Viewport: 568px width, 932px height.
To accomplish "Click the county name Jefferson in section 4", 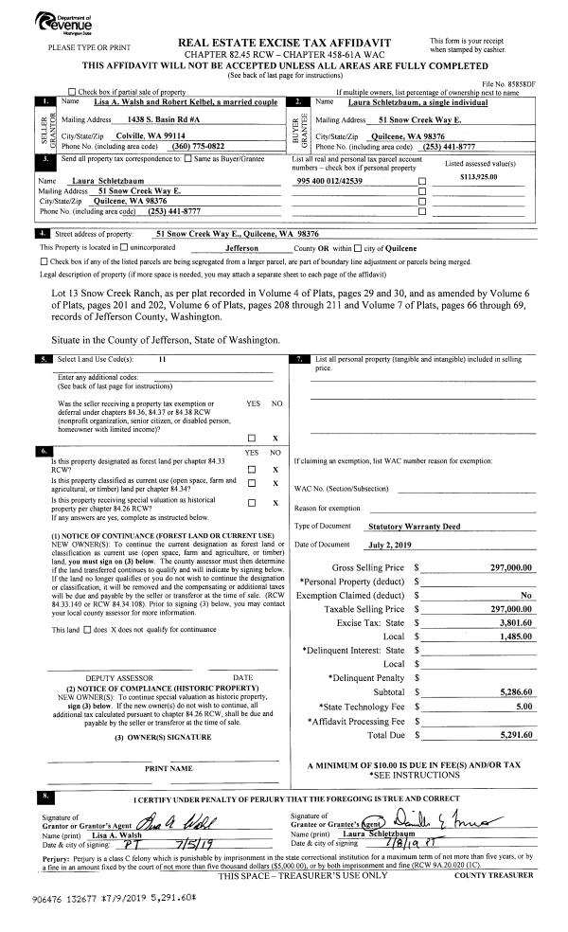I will (x=248, y=247).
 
